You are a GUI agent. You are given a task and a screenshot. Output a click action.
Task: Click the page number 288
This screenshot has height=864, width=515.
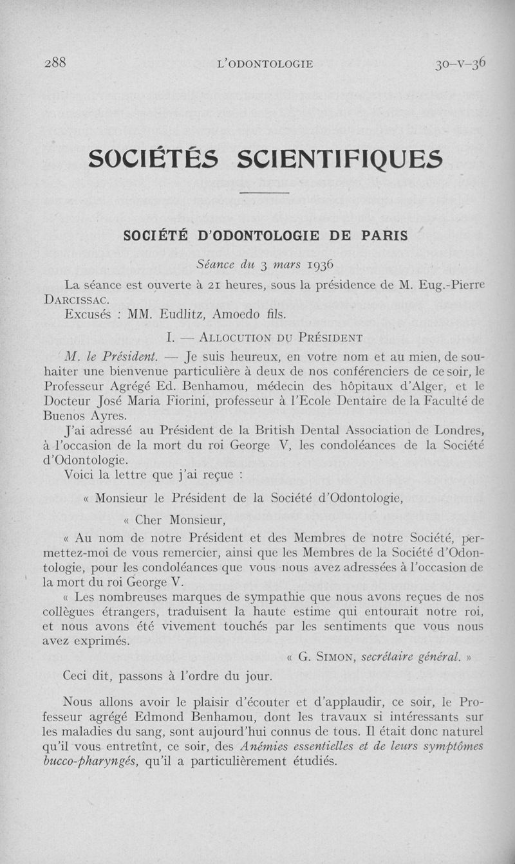(56, 63)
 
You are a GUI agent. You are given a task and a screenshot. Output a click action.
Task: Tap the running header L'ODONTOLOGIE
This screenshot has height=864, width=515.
(265, 64)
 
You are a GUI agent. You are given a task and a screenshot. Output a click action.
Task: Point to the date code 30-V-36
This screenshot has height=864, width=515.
(460, 63)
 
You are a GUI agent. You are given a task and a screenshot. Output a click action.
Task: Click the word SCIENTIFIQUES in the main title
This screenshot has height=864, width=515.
(340, 159)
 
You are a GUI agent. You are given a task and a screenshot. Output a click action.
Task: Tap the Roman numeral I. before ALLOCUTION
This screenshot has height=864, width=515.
(170, 337)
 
